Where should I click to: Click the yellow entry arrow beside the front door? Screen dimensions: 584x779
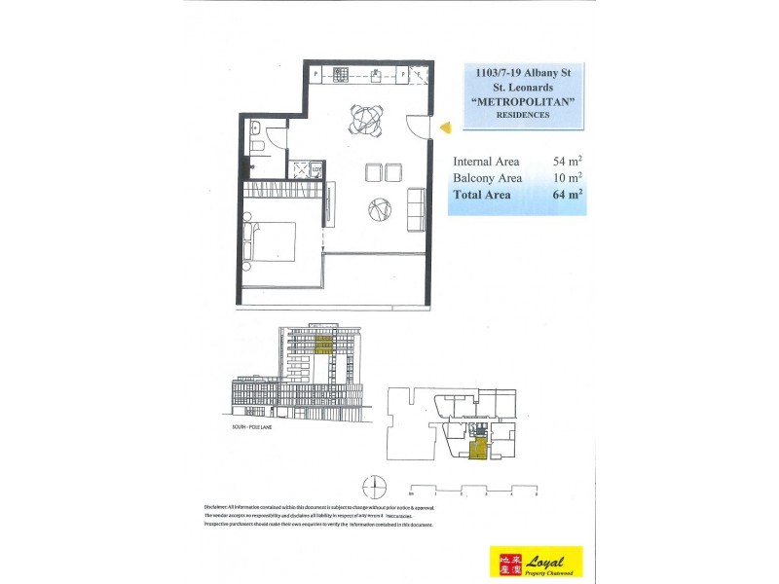(443, 127)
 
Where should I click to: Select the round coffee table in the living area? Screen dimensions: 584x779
(380, 208)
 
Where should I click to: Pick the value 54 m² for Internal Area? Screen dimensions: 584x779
(567, 162)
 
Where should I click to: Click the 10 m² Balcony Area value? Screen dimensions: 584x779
(567, 178)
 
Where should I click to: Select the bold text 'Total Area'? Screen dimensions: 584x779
(487, 195)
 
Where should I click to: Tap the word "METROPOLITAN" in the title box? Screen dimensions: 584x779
(522, 101)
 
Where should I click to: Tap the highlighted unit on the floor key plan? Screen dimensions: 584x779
(478, 448)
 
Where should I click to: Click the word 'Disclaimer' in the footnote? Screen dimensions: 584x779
(221, 508)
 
